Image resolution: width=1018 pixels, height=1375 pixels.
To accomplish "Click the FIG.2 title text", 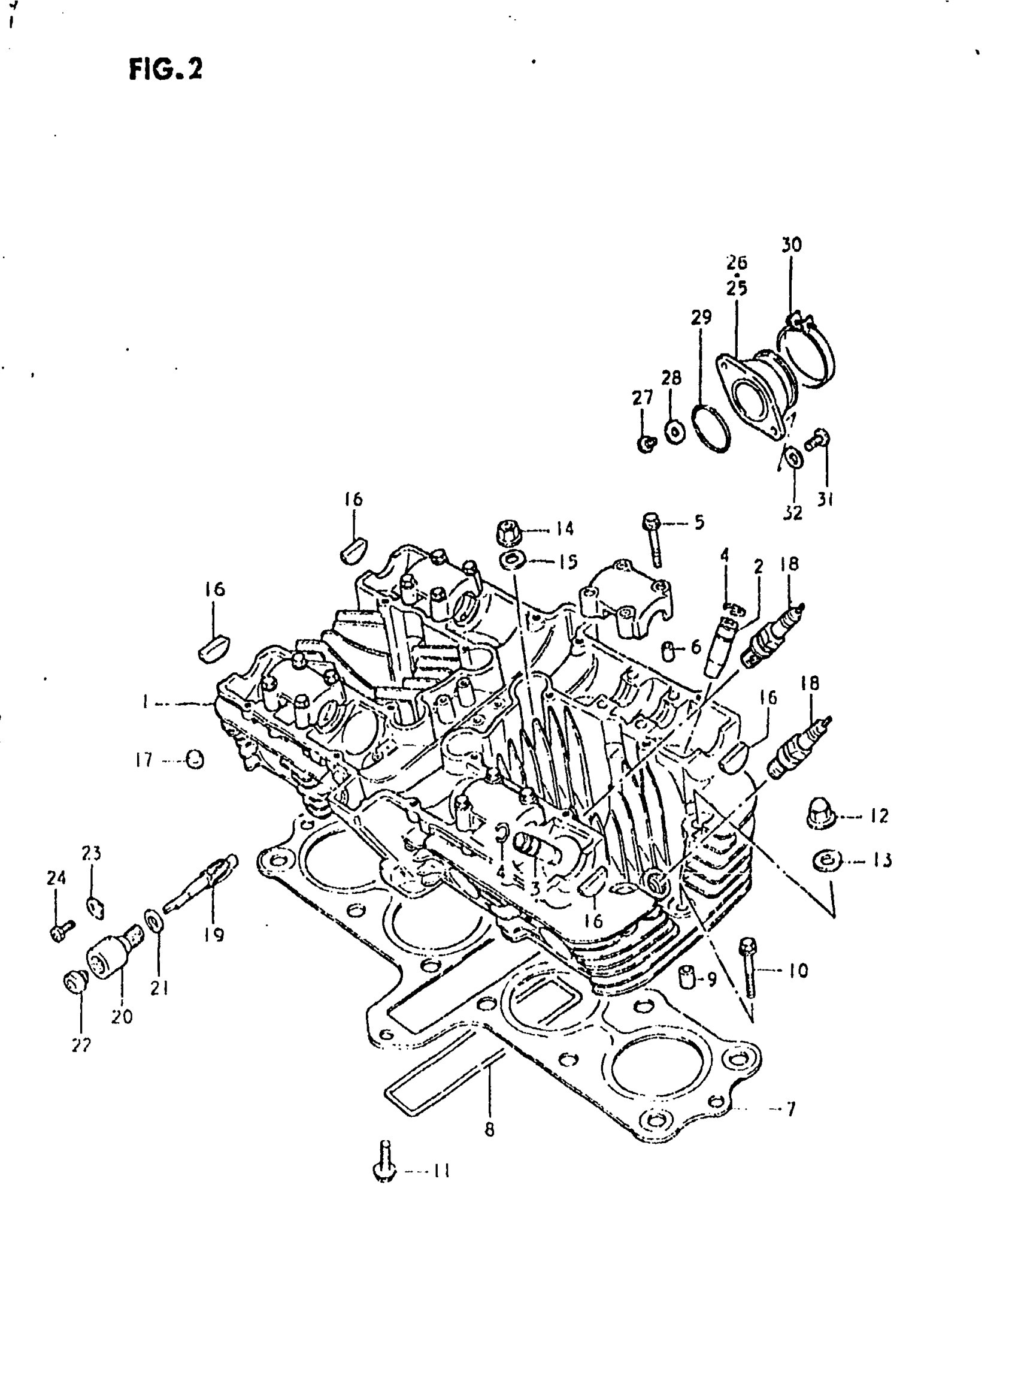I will pos(165,69).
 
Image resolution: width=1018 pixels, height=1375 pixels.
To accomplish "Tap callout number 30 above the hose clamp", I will pos(791,245).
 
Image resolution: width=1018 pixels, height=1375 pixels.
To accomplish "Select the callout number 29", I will pos(701,317).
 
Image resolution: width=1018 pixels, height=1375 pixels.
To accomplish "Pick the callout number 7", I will pos(790,1109).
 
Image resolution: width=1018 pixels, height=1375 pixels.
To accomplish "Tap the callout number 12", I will pos(879,816).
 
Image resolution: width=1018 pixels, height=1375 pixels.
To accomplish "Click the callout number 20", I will pos(122,1016).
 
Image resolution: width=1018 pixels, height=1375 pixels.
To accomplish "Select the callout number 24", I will pos(56,877).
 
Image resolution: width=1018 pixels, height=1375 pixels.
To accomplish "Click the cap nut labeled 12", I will pos(820,816).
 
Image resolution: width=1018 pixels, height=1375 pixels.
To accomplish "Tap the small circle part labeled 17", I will pos(195,760).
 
